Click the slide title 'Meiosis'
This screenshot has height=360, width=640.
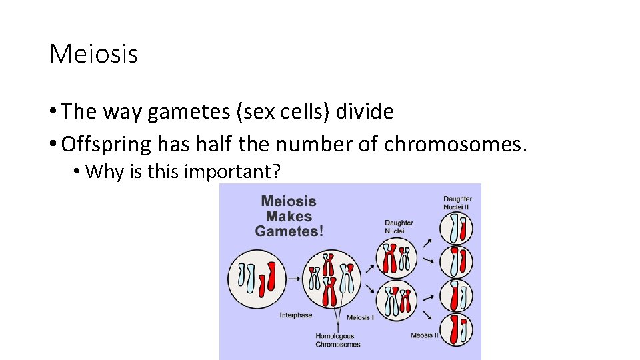93,54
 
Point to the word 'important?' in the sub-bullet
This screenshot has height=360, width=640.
232,171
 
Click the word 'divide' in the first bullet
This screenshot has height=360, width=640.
365,111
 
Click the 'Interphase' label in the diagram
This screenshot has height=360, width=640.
296,315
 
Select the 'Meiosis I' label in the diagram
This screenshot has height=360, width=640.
360,317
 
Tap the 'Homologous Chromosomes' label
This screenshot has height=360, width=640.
337,340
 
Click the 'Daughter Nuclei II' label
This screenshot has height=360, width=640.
457,203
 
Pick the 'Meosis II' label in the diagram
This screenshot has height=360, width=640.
424,335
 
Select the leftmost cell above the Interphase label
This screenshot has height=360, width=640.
257,279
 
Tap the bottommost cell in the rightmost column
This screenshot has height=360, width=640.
458,329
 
